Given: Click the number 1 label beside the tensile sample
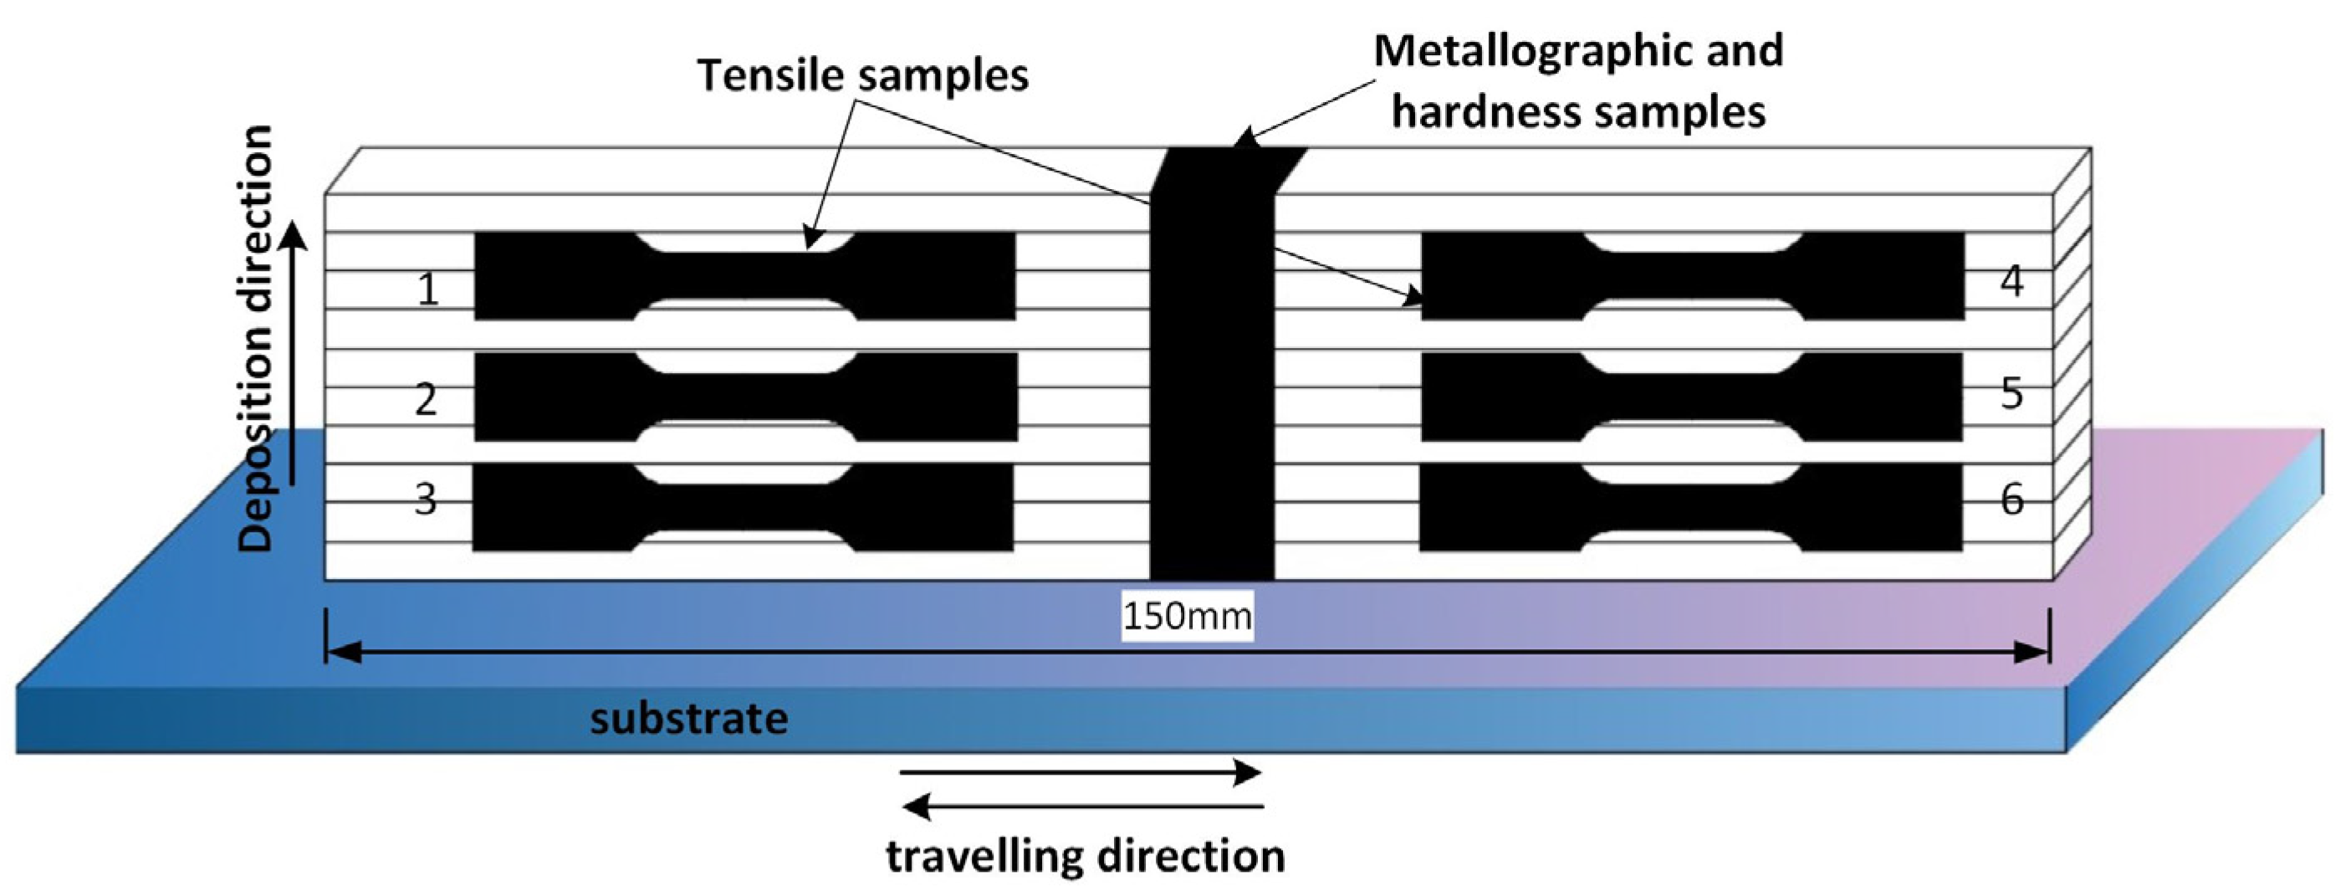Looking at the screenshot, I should [427, 289].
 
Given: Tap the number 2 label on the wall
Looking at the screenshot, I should [426, 400].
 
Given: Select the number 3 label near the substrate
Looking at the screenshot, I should [426, 499].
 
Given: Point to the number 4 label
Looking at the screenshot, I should [2011, 281].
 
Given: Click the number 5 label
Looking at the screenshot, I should [2011, 392].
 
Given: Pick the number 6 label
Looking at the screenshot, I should [2011, 499].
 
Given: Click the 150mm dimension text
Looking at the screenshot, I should [1187, 617].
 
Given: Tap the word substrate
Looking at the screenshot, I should [689, 719].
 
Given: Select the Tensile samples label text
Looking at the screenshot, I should [862, 74].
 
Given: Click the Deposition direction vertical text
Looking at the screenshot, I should [256, 338].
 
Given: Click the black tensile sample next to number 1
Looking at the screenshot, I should [744, 276].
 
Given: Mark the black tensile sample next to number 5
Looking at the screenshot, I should [1691, 397].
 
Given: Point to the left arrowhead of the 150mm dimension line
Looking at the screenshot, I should [342, 651].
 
